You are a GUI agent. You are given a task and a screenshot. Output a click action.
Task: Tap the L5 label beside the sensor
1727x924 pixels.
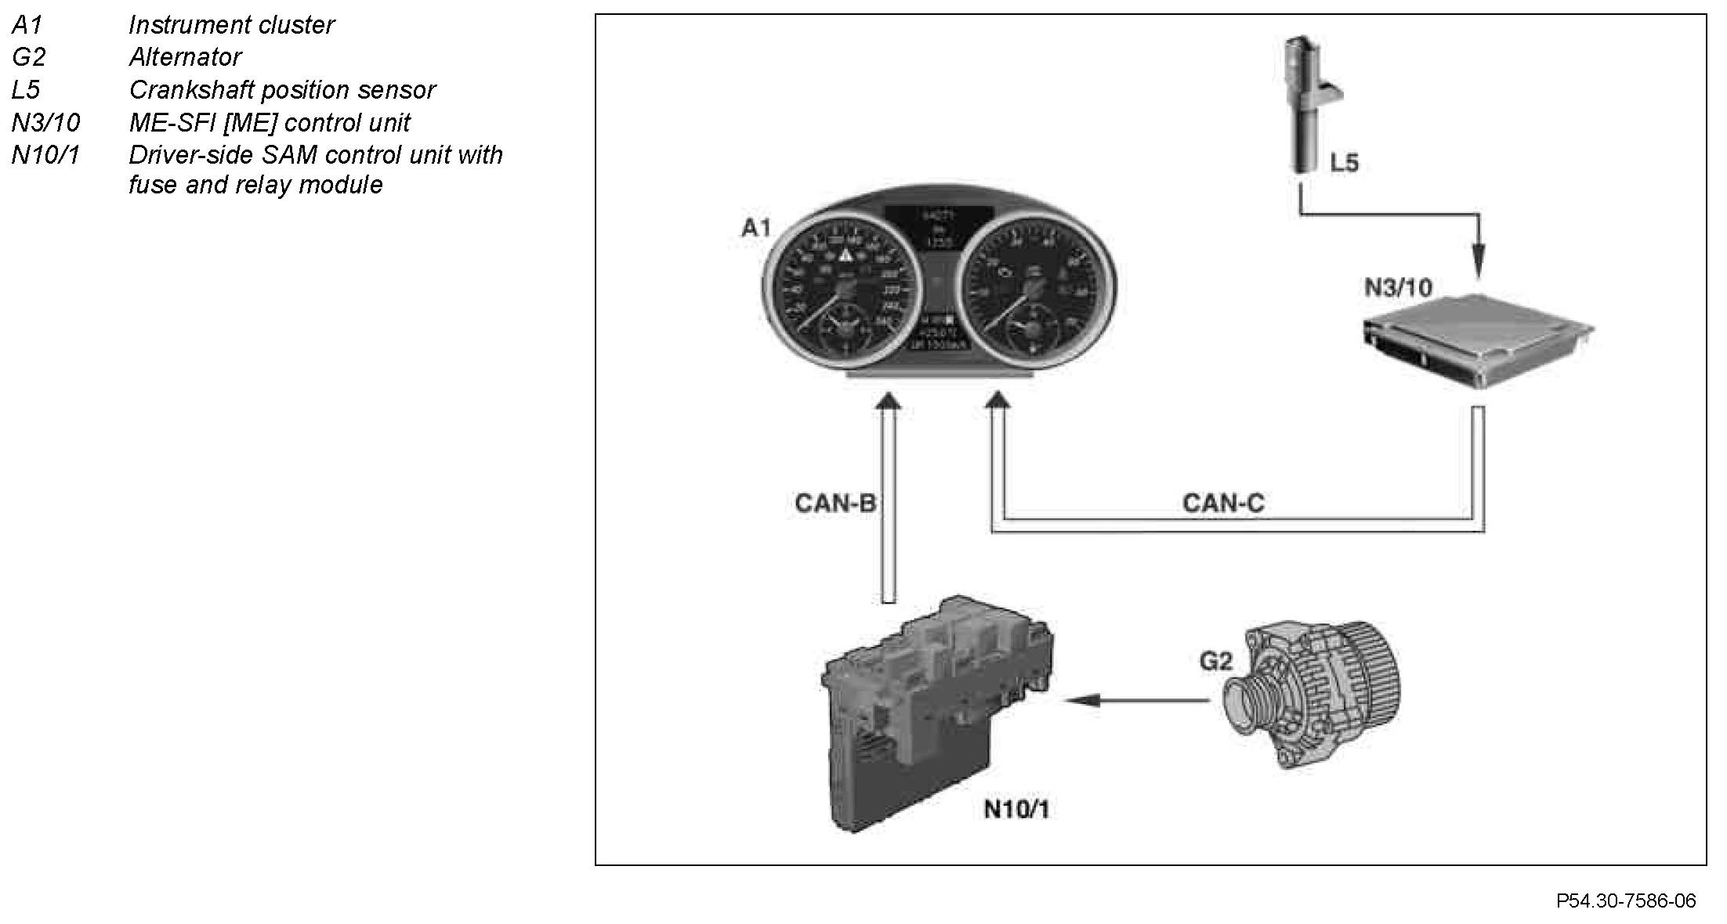click(x=1345, y=163)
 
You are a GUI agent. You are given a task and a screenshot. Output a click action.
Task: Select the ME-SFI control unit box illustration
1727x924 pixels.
click(x=1478, y=341)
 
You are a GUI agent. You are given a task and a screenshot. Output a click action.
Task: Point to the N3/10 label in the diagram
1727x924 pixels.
click(x=1398, y=288)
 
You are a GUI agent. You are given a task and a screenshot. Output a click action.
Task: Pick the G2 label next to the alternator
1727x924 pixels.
click(x=1215, y=662)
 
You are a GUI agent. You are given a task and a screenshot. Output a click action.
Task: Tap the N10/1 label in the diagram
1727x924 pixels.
click(x=1016, y=809)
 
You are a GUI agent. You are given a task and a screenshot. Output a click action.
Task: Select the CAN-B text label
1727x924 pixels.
click(x=835, y=503)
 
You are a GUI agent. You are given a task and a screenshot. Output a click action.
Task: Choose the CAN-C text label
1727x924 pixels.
click(x=1223, y=503)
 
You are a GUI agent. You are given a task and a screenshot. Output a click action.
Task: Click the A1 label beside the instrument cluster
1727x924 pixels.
click(x=756, y=228)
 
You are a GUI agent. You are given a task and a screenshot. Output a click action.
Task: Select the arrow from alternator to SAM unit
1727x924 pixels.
click(x=1136, y=700)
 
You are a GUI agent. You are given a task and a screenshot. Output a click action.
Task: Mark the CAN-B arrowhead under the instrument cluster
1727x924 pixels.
click(x=888, y=400)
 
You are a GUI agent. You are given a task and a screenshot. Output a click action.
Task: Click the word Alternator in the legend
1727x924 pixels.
click(x=186, y=57)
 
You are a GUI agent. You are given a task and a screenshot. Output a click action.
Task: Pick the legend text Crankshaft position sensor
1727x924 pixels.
click(x=282, y=90)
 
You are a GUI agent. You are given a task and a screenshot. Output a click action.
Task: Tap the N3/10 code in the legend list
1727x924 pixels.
click(x=46, y=123)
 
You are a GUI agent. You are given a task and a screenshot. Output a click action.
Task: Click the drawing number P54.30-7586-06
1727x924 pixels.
click(x=1626, y=901)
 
